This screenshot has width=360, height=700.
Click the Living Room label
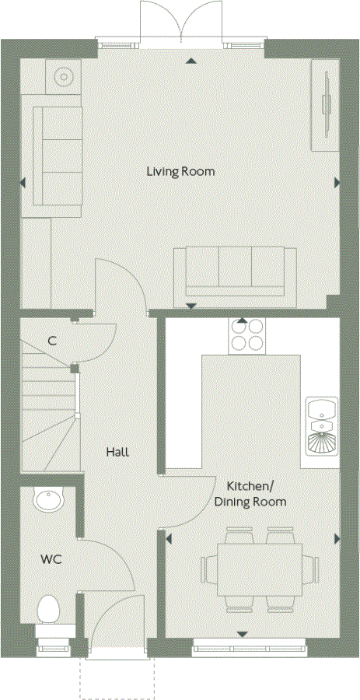click(x=180, y=170)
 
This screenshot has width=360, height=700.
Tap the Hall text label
click(x=117, y=452)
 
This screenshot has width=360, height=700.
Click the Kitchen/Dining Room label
click(x=250, y=494)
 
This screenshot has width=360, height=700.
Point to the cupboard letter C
click(x=52, y=341)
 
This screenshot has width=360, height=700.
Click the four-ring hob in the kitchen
click(x=246, y=337)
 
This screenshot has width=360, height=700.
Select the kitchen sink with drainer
click(x=320, y=429)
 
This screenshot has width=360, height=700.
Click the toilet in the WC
click(x=49, y=608)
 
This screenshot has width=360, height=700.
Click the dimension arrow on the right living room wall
click(x=337, y=183)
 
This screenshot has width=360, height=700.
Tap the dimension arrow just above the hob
click(x=242, y=320)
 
